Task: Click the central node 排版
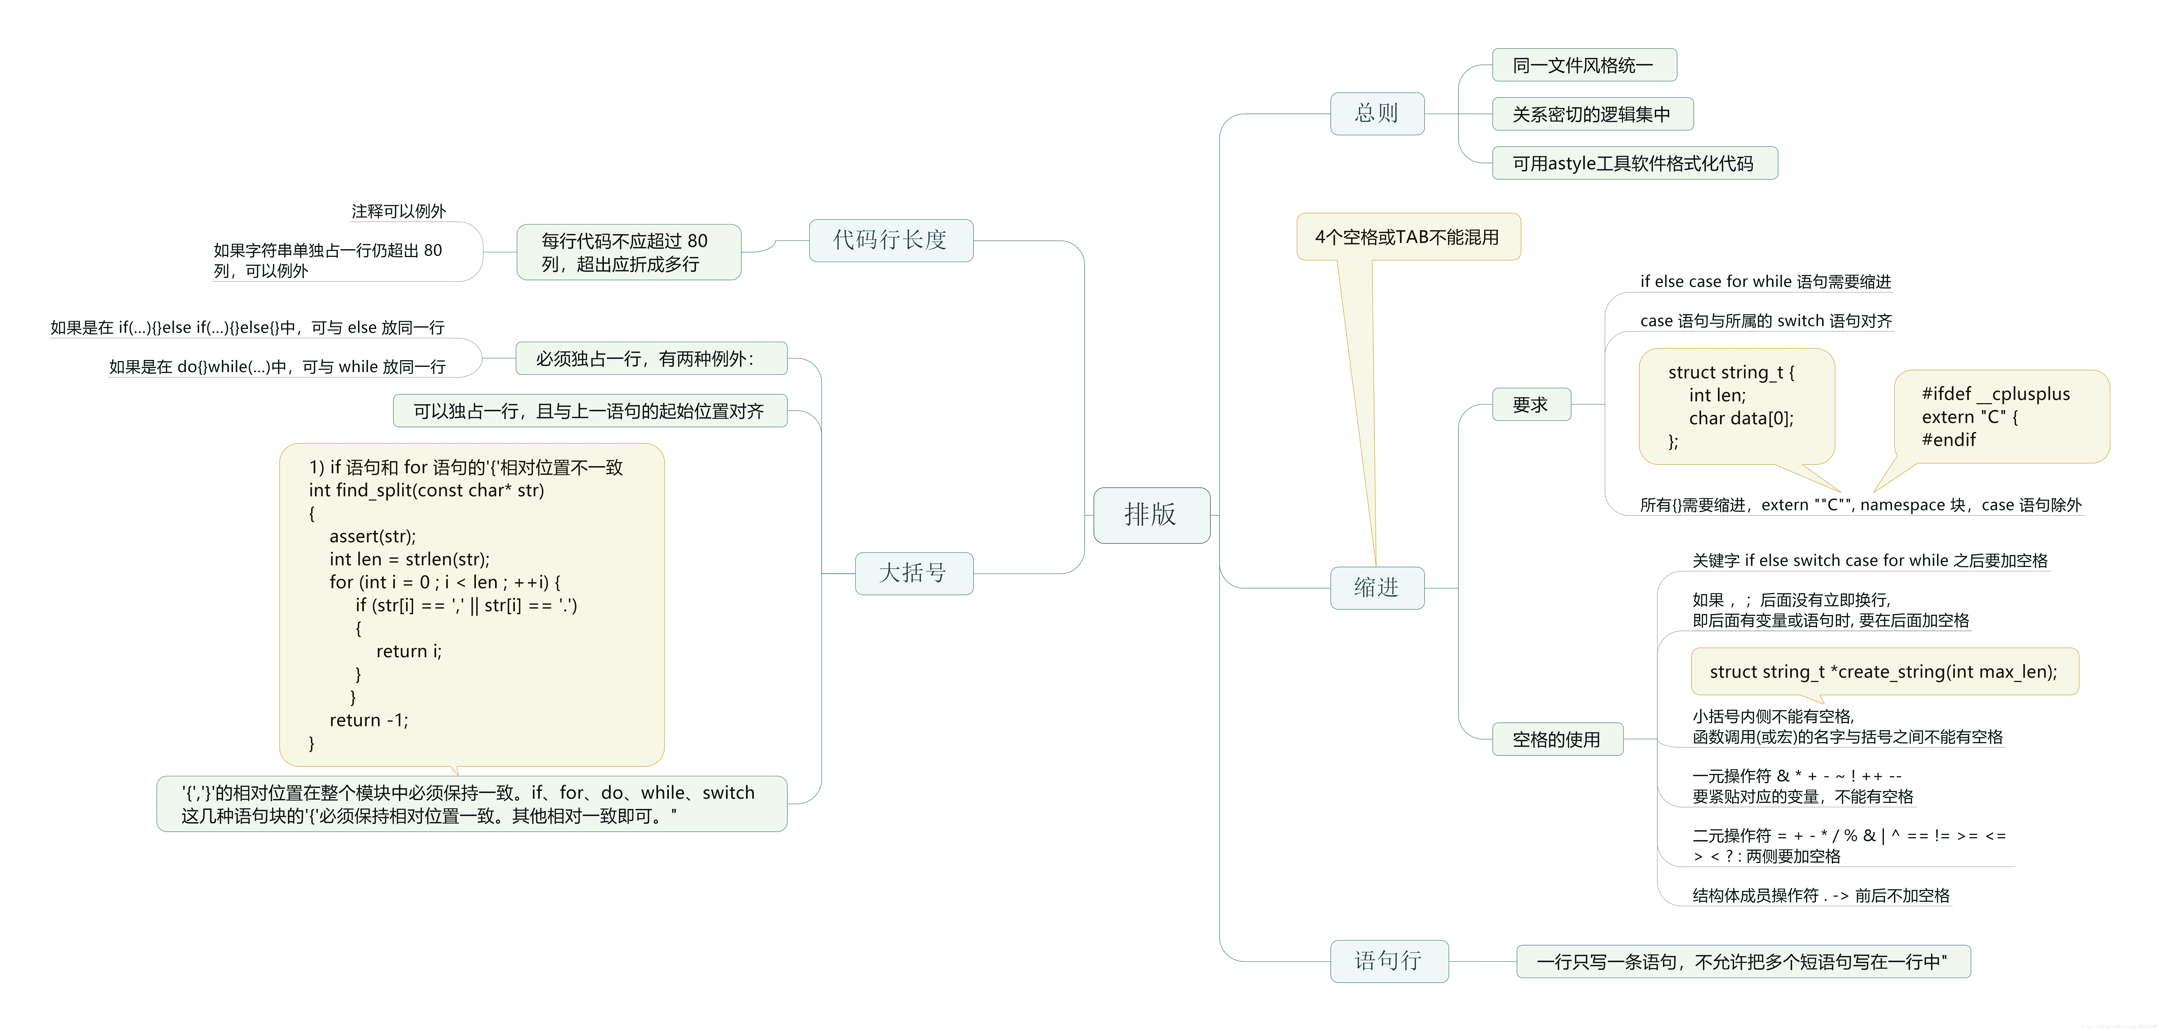1151,515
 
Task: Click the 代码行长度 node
890,241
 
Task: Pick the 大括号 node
913,573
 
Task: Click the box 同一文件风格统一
1583,65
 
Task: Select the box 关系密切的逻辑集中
1592,114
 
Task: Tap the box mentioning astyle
1634,163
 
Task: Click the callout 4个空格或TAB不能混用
1407,237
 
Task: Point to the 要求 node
1530,405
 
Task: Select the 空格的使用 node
1556,739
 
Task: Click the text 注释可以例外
399,211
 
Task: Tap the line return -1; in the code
369,720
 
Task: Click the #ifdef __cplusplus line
1996,394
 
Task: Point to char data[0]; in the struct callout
1741,418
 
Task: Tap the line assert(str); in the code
372,536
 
